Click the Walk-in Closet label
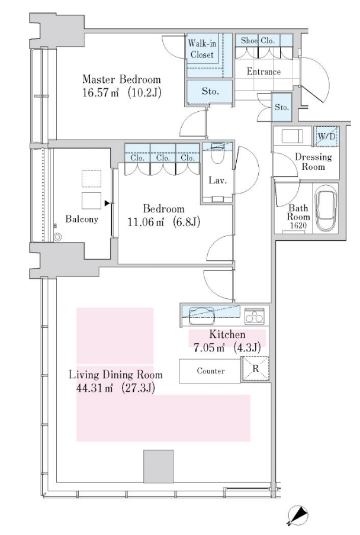[202, 49]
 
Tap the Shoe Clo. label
[258, 41]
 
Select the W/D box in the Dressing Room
[327, 136]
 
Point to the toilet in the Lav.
[217, 153]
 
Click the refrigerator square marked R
[256, 369]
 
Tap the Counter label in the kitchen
[211, 371]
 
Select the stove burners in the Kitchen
[254, 316]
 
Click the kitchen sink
[202, 315]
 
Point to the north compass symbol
[298, 515]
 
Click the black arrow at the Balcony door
[107, 204]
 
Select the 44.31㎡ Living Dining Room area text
[95, 388]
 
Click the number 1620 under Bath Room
[298, 225]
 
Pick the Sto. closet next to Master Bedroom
[210, 91]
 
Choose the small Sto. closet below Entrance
[282, 107]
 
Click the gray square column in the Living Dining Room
[158, 466]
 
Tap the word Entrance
[263, 72]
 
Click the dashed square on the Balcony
[91, 179]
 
